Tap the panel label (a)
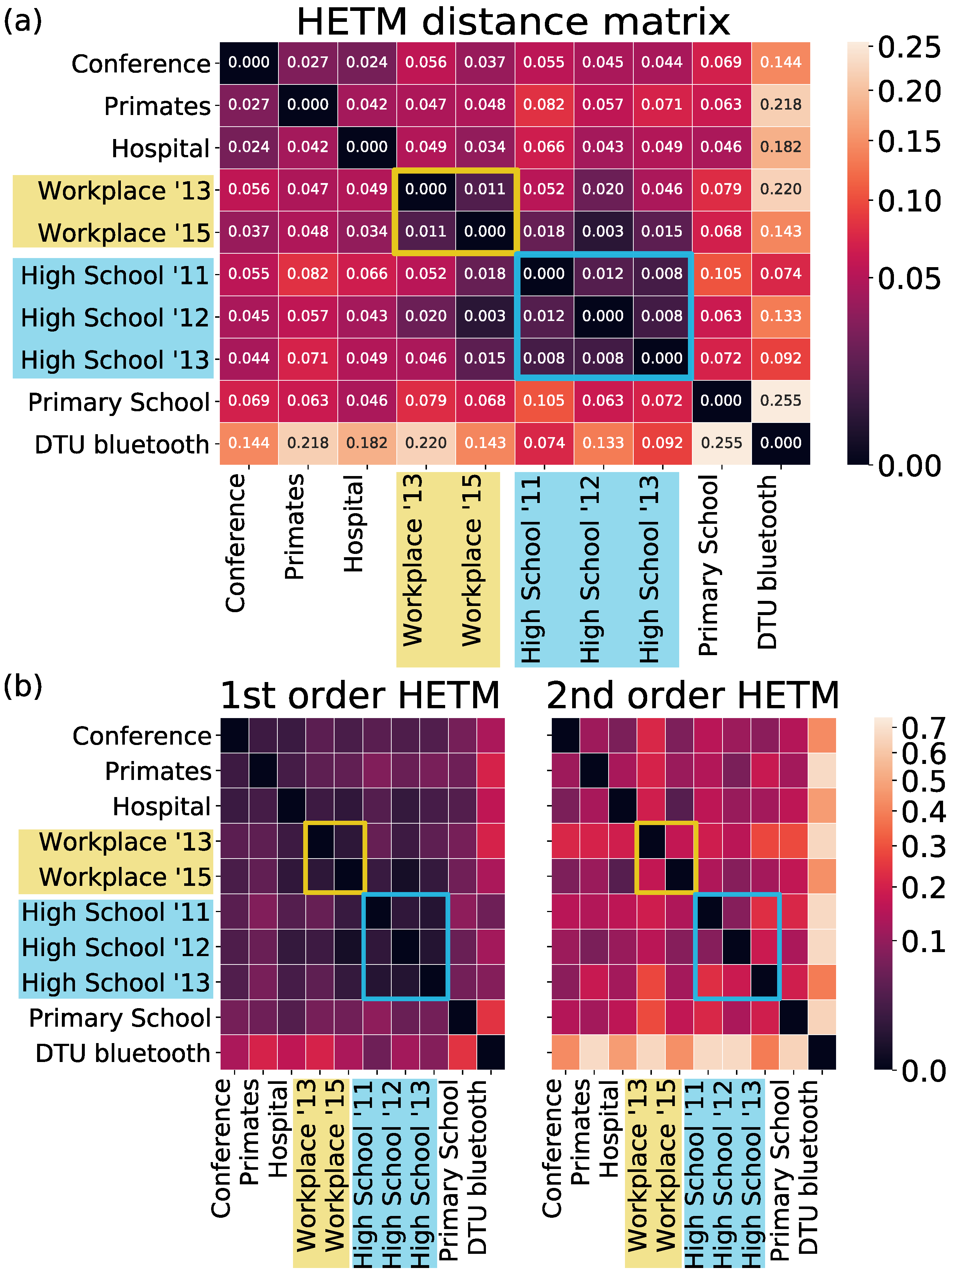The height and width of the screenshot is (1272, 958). click(x=23, y=22)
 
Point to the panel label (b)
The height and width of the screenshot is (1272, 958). click(x=23, y=686)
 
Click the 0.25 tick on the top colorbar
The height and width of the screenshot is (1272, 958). click(x=908, y=47)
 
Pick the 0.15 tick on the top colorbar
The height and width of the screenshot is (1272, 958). click(x=908, y=142)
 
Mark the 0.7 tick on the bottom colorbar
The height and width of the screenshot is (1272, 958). click(x=923, y=728)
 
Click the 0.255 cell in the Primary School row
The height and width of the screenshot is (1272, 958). click(x=780, y=401)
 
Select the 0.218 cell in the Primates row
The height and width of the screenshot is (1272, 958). click(x=780, y=105)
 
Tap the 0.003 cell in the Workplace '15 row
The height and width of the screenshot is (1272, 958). click(x=603, y=232)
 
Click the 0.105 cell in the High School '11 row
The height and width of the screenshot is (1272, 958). click(x=721, y=274)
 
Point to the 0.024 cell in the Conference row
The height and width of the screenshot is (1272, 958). click(x=367, y=63)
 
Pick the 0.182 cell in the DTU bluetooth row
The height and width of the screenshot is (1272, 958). click(x=367, y=443)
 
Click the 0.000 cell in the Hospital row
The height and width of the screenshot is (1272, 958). click(x=367, y=147)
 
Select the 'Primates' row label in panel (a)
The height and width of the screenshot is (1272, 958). click(x=157, y=106)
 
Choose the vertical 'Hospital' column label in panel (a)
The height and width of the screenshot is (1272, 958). click(x=354, y=523)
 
